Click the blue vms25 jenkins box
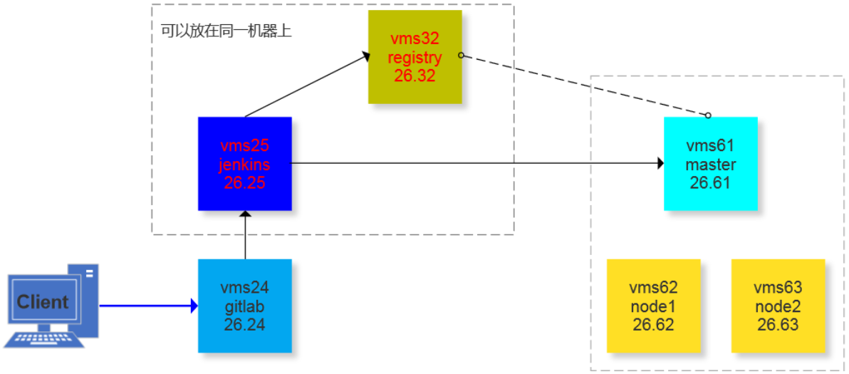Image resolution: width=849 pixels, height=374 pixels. tap(245, 163)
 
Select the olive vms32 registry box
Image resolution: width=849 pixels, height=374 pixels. tap(415, 56)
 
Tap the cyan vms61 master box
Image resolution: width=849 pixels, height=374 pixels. tap(710, 164)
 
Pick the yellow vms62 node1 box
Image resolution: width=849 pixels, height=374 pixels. tap(653, 306)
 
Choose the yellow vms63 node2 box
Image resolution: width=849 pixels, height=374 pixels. tap(778, 306)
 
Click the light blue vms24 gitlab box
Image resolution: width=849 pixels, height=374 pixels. tap(245, 306)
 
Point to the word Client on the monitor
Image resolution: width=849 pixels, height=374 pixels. tap(43, 301)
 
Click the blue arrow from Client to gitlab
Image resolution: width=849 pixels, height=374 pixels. tap(146, 306)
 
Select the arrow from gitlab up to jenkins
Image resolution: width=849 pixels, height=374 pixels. tap(245, 235)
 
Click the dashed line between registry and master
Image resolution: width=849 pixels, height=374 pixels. tap(584, 85)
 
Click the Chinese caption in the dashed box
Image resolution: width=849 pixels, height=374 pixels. tap(226, 31)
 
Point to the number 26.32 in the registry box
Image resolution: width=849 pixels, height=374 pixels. tap(415, 76)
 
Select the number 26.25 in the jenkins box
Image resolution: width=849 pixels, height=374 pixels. tap(244, 183)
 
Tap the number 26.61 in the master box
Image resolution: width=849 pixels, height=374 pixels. tap(710, 183)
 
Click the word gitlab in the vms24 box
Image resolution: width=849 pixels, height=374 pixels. tap(244, 306)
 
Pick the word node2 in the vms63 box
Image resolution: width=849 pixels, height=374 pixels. tap(778, 306)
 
